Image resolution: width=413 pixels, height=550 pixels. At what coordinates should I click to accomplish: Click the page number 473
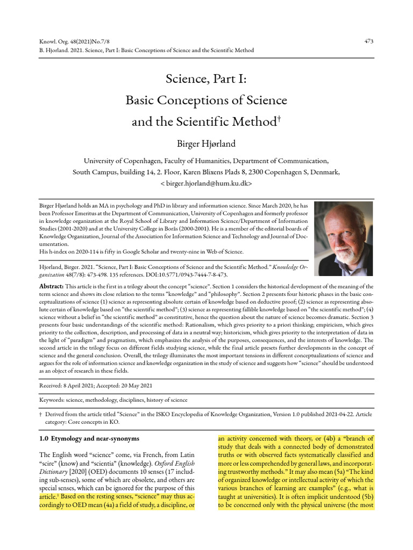coord(368,41)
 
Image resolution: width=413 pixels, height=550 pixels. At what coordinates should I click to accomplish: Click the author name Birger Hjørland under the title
coord(206,143)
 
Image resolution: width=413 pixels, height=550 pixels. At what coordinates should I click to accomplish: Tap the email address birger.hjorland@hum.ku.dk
coord(206,183)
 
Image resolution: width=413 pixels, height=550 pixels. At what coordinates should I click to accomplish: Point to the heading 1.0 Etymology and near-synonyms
coord(89,439)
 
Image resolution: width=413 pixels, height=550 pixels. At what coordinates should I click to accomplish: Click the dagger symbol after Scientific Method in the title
coord(279,118)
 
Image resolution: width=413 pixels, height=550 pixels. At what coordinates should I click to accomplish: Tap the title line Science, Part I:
coord(206,81)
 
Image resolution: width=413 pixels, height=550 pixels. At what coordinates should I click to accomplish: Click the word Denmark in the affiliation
coord(324,172)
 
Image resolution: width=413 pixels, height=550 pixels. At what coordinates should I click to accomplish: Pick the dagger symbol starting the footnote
coord(41,415)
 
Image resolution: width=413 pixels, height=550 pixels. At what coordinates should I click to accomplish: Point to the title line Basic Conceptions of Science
coord(206,100)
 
